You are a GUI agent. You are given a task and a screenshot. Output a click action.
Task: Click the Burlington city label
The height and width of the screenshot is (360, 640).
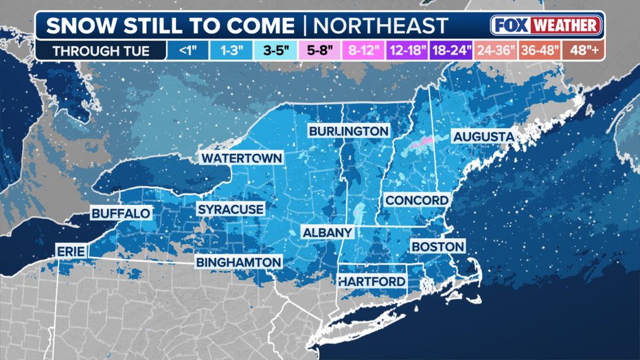coord(348,131)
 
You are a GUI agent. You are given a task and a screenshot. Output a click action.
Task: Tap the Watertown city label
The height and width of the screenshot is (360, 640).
coord(241,158)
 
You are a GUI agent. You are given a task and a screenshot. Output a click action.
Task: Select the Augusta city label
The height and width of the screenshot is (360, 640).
coord(483,137)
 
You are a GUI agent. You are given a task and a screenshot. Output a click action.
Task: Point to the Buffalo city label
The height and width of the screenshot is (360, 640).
coord(121,213)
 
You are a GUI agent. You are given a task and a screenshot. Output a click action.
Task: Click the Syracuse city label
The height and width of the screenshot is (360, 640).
coord(231,209)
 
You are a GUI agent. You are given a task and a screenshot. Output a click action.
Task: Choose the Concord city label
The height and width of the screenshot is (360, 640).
coord(417,200)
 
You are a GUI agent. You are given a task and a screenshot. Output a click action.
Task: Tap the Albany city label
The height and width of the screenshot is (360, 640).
coord(328,232)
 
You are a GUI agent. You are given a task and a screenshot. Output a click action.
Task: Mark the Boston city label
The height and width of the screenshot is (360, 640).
coord(437,246)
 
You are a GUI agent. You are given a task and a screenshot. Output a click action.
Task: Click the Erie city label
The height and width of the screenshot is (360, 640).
coord(71,252)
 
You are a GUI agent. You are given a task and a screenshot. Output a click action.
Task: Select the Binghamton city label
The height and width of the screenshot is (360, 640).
coord(238,262)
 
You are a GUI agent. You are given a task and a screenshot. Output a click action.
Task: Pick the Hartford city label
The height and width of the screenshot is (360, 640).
coord(372,282)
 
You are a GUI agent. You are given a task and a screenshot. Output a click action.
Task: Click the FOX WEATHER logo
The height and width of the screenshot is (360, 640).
coord(546,26)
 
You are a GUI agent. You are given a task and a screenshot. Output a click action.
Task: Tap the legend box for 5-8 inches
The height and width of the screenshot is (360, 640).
coord(321,51)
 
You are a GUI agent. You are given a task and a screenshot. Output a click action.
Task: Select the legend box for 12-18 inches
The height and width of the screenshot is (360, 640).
coord(408,51)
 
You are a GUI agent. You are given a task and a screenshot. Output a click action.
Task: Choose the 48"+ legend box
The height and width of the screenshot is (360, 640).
coord(584,51)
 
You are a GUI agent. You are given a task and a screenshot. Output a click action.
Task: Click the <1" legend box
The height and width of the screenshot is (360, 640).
coord(188,51)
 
